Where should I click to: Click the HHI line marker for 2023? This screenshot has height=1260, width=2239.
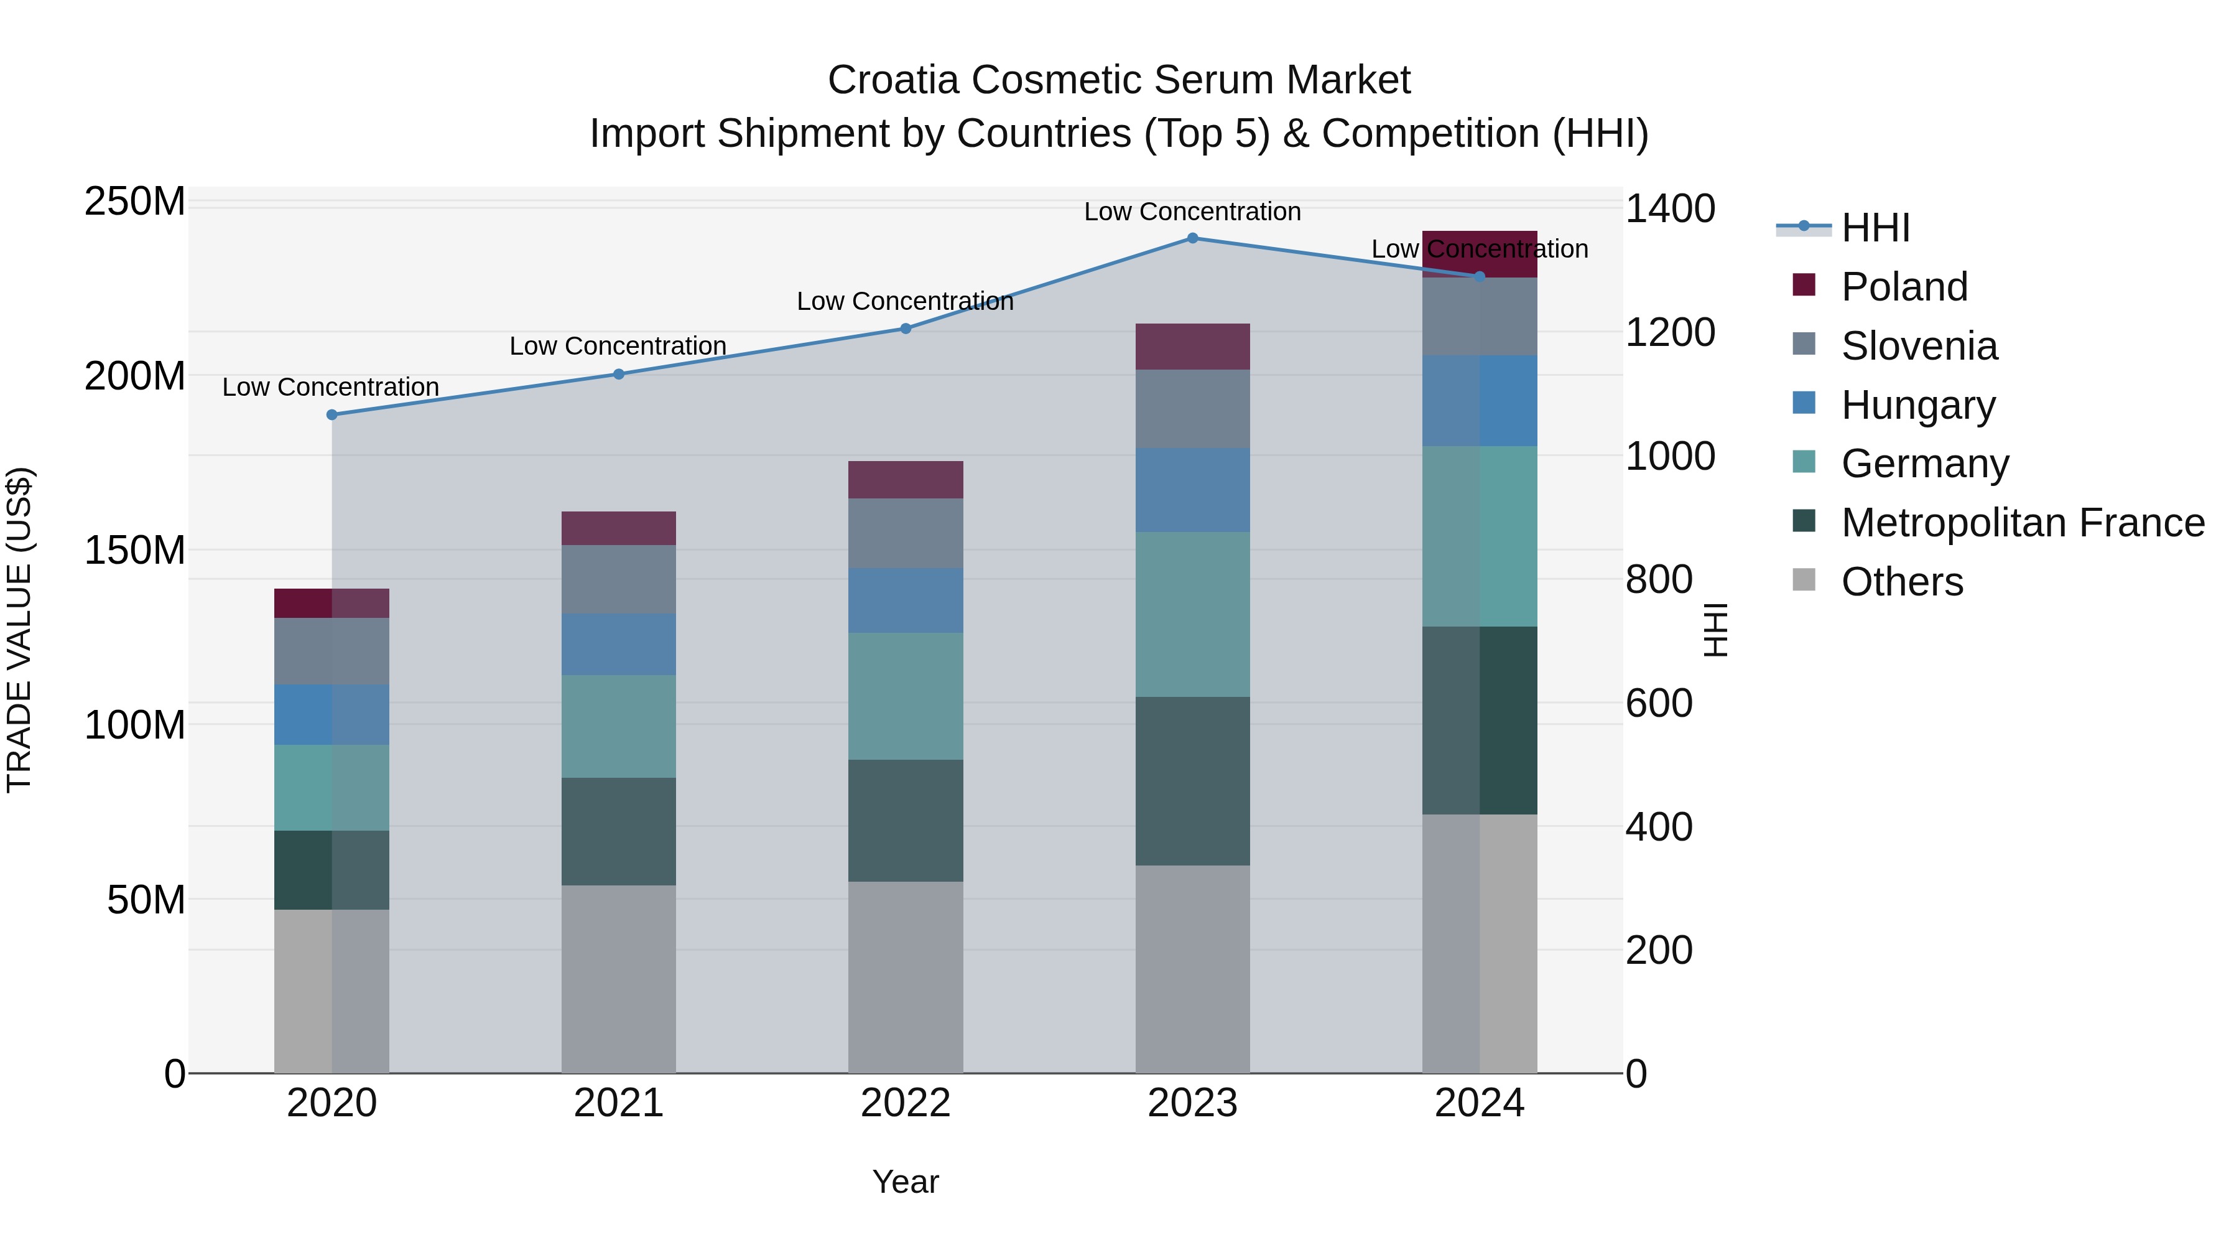click(x=1192, y=238)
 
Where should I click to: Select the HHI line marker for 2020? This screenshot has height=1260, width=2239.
click(x=332, y=415)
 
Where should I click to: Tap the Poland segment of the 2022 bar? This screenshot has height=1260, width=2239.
click(x=906, y=480)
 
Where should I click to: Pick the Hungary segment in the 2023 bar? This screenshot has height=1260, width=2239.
click(x=1192, y=490)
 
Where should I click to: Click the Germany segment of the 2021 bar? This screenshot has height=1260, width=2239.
click(x=619, y=726)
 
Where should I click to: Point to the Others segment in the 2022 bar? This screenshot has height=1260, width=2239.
click(x=906, y=978)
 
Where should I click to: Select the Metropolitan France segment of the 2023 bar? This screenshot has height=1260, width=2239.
click(x=1192, y=781)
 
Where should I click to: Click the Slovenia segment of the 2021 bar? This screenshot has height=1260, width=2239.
click(x=619, y=580)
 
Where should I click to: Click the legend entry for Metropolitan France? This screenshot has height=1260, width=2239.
click(x=2022, y=523)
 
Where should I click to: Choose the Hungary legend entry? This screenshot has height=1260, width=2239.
click(x=1917, y=405)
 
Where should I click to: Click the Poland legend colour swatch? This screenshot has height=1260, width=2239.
click(x=1804, y=285)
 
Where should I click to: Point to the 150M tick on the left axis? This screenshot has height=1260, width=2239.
click(x=135, y=551)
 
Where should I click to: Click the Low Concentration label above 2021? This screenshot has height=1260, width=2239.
click(x=618, y=346)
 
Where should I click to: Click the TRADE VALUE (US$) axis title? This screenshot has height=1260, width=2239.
click(x=20, y=630)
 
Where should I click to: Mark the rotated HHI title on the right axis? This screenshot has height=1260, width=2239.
click(x=1716, y=630)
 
